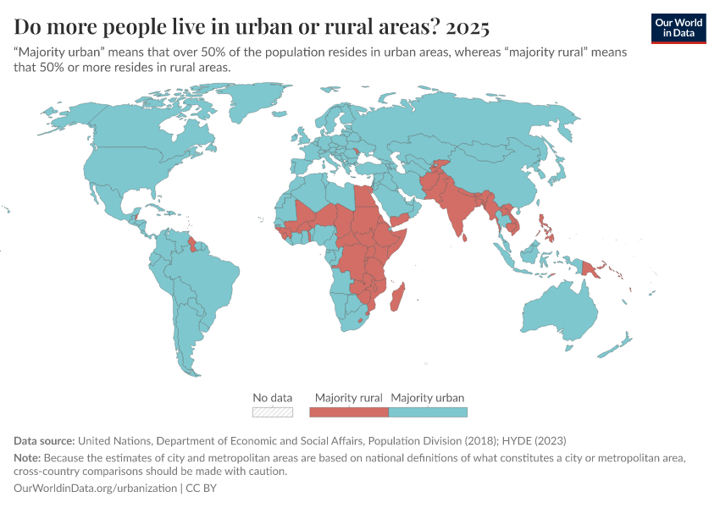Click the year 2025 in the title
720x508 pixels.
[x=467, y=27]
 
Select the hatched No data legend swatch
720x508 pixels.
[x=273, y=412]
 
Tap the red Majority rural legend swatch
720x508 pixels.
[x=348, y=412]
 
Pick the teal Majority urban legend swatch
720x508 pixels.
[x=428, y=412]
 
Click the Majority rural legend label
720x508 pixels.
[x=348, y=397]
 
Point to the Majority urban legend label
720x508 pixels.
[x=428, y=397]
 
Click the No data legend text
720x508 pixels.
[x=273, y=397]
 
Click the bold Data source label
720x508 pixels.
[x=44, y=441]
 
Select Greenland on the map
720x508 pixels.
[x=271, y=102]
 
